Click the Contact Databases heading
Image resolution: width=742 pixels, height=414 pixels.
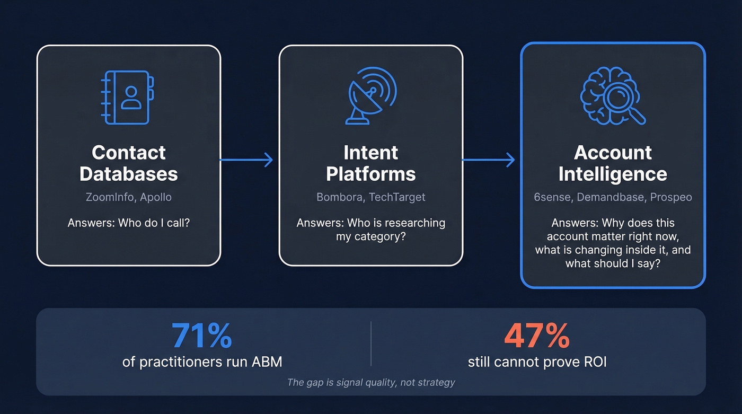129,163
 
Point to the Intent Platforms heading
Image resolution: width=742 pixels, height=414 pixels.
370,163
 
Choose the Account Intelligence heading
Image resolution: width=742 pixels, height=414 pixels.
613,163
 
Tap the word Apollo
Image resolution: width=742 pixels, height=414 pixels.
156,197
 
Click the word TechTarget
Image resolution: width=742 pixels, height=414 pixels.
396,197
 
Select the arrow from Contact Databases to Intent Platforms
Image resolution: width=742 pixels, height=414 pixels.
246,160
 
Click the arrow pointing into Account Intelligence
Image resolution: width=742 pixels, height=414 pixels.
489,160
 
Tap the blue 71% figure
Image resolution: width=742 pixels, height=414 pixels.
201,335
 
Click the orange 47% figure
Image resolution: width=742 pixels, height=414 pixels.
536,335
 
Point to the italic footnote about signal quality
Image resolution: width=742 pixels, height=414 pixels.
370,382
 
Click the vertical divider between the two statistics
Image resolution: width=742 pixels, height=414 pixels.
371,343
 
